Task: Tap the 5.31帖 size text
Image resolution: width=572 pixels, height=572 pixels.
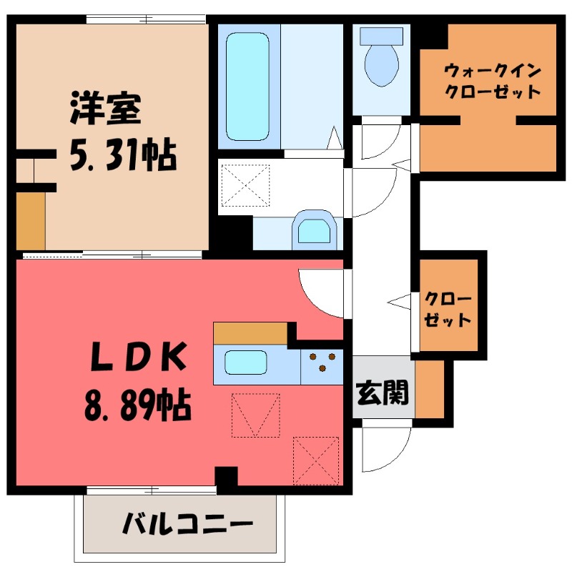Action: [122, 154]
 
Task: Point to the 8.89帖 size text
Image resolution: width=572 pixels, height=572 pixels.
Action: [136, 408]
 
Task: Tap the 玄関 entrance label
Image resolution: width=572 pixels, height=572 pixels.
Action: [383, 393]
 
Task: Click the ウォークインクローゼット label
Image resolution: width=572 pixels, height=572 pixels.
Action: [492, 82]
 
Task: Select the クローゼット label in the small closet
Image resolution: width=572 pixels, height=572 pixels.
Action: [448, 309]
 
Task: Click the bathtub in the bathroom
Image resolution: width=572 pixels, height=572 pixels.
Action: [248, 84]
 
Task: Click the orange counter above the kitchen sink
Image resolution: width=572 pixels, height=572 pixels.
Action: [250, 333]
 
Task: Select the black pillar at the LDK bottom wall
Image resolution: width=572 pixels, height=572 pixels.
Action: [226, 478]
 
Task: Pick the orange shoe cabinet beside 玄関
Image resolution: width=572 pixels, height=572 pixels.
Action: [429, 389]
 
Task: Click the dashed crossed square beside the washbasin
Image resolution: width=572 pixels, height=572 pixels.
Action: [245, 185]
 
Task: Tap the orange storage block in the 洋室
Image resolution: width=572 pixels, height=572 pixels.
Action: [30, 219]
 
